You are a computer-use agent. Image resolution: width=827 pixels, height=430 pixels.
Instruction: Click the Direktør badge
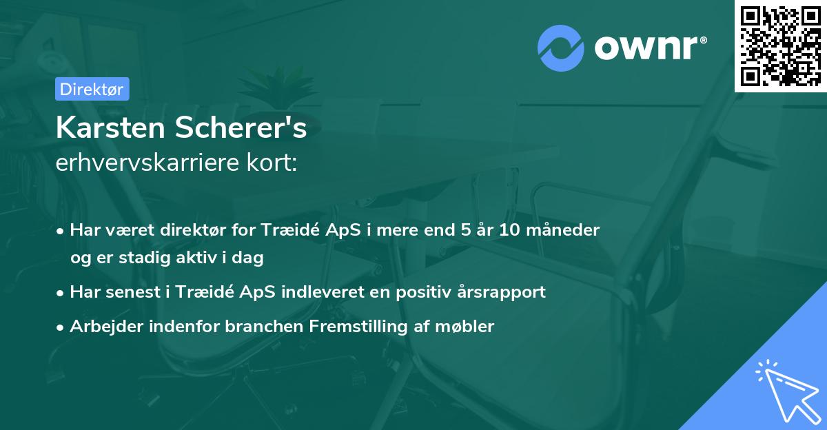pos(92,89)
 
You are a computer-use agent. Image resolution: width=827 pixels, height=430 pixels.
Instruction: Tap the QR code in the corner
pos(780,45)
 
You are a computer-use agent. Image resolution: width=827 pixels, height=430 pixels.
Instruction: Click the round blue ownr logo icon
pos(561,48)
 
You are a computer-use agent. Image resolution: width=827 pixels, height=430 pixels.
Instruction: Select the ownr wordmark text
pos(649,48)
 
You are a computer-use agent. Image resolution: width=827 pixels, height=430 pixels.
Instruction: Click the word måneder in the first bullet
pos(566,229)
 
